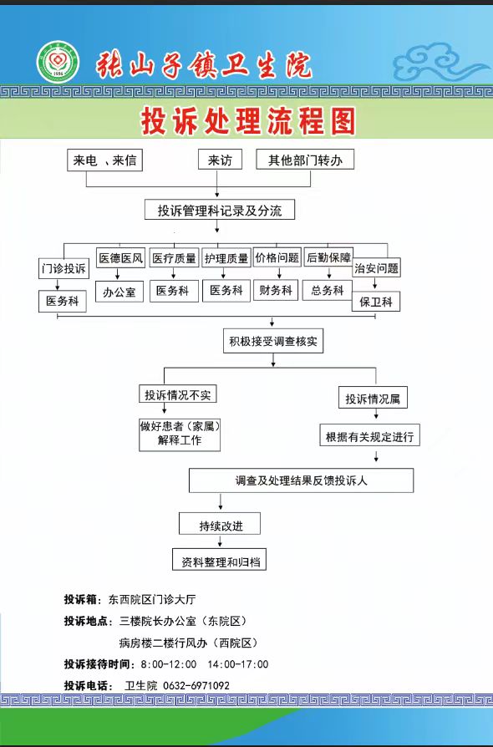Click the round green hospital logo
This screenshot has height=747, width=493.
58,62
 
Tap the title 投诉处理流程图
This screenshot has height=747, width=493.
248,120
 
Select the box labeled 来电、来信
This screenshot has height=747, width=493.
104,160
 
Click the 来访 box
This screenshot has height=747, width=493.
220,160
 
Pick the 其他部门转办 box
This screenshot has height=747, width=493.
305,160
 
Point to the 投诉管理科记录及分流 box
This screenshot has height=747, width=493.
220,210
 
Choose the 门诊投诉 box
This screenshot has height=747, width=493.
64,268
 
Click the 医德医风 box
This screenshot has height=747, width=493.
120,257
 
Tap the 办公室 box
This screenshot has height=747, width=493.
119,292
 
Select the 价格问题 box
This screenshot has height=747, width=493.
277,257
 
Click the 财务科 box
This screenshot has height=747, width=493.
276,290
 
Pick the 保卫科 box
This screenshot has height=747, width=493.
376,302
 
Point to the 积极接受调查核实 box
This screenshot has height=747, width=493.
273,341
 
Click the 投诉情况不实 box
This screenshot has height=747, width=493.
178,394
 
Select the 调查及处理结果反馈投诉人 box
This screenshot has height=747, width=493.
301,480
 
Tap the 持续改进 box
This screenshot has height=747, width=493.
220,524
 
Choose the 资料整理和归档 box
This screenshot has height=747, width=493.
219,560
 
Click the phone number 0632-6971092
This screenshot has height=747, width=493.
196,685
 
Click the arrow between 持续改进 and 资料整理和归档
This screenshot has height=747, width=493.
220,541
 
